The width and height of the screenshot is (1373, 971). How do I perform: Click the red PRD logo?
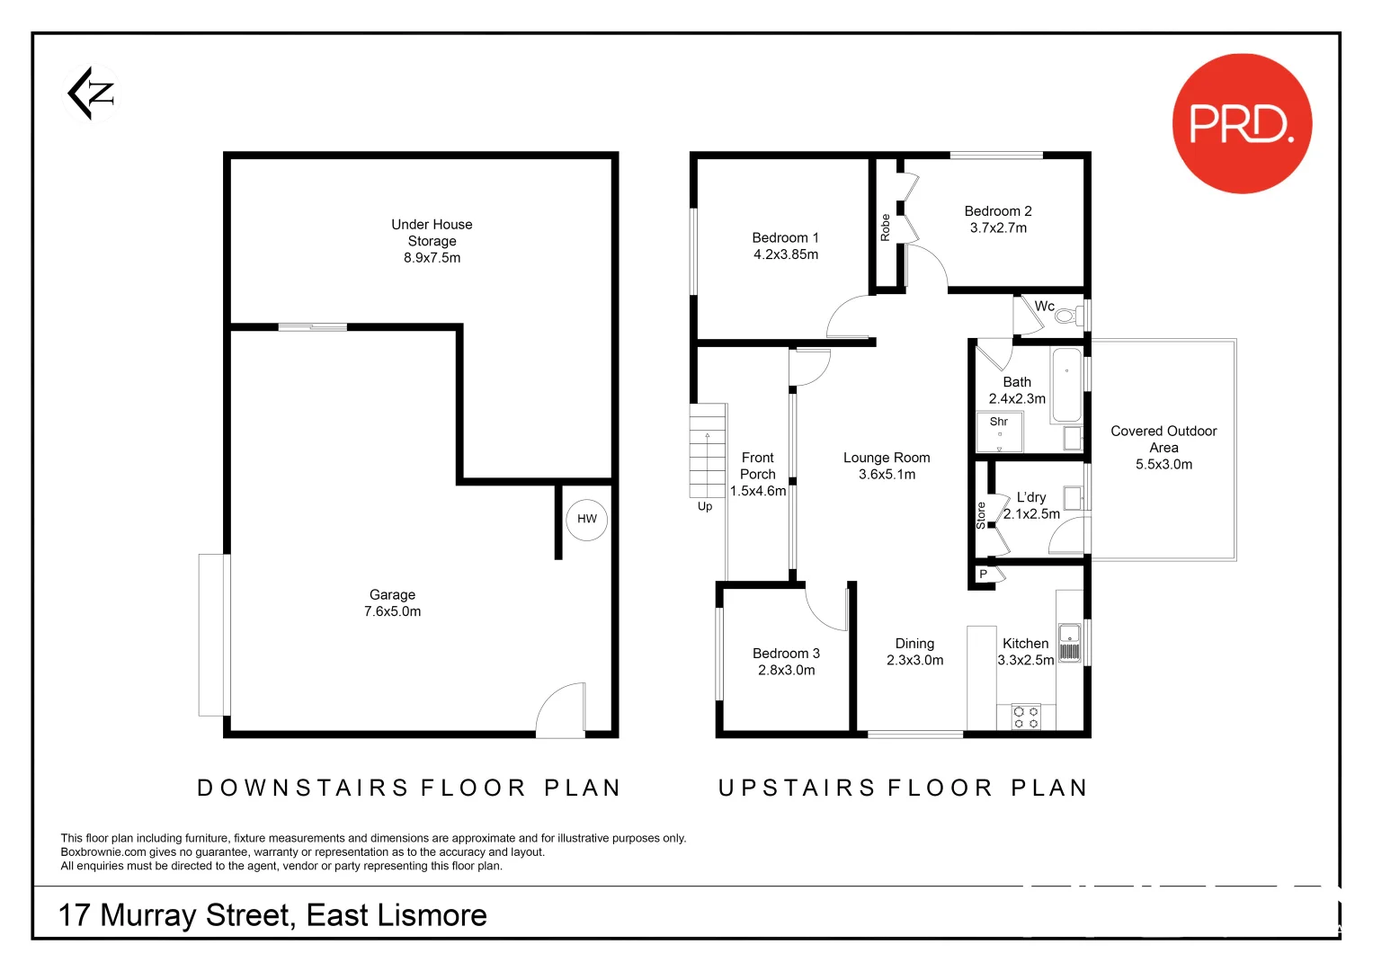click(x=1242, y=123)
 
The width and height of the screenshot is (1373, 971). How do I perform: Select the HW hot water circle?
click(x=586, y=519)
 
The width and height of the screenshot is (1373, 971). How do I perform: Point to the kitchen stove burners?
click(x=1026, y=717)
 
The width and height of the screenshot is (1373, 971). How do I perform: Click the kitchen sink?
click(x=1069, y=642)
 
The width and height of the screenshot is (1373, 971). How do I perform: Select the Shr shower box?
click(x=1000, y=432)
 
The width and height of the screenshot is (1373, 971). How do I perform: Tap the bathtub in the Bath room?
click(x=1066, y=385)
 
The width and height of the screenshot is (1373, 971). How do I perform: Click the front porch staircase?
click(x=708, y=450)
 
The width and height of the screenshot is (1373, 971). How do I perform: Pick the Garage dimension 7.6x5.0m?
click(x=393, y=611)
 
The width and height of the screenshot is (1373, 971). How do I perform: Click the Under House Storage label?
click(x=432, y=233)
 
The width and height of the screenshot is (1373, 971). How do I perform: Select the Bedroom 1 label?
click(x=785, y=238)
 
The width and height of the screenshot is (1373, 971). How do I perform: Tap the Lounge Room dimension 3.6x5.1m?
click(x=887, y=475)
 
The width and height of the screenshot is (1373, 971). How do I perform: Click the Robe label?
click(x=886, y=227)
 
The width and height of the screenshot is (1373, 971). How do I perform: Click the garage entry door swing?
click(x=560, y=710)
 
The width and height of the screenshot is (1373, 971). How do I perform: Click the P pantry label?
click(x=983, y=574)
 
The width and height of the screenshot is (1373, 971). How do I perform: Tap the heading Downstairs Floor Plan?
click(x=409, y=788)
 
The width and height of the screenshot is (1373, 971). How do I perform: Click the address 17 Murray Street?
click(x=272, y=915)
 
